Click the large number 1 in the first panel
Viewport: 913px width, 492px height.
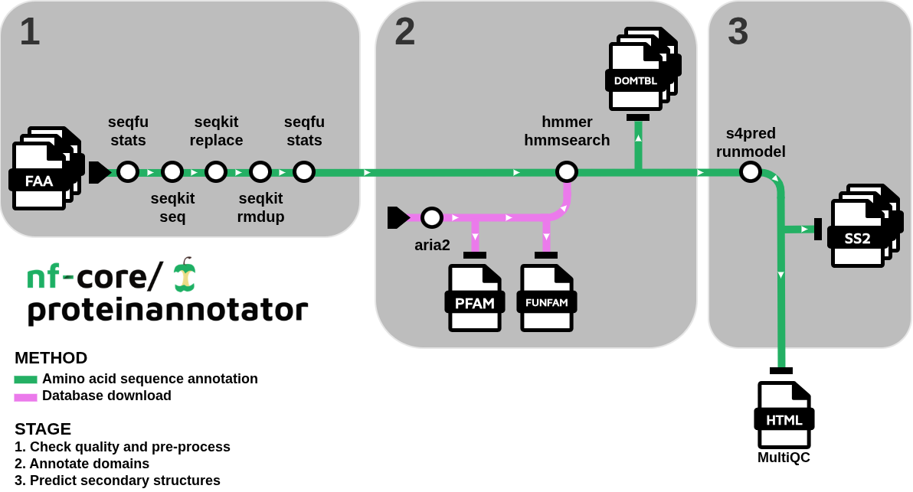pyautogui.click(x=30, y=32)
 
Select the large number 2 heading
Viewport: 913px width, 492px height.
pyautogui.click(x=404, y=32)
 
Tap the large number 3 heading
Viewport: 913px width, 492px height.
pyautogui.click(x=738, y=32)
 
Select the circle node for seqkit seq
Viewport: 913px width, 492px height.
pyautogui.click(x=172, y=171)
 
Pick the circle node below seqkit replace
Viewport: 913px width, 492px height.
pyautogui.click(x=216, y=171)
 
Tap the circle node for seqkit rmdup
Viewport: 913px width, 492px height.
pyautogui.click(x=260, y=171)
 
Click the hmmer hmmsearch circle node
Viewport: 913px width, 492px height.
pyautogui.click(x=567, y=171)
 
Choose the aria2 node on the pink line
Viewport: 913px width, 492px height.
pyautogui.click(x=432, y=217)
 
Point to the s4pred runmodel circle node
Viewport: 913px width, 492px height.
pyautogui.click(x=751, y=171)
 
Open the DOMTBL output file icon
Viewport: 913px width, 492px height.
pyautogui.click(x=637, y=73)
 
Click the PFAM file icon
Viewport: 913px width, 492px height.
pyautogui.click(x=475, y=298)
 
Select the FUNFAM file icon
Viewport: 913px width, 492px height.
pyautogui.click(x=547, y=298)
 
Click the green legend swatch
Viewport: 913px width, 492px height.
pyautogui.click(x=25, y=380)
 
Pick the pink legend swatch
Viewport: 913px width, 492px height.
pyautogui.click(x=25, y=397)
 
